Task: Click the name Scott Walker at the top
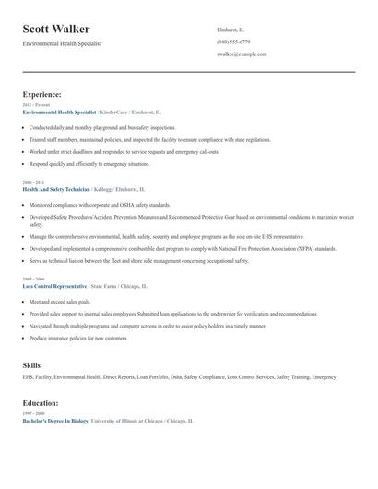click(63, 30)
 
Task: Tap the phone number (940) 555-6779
click(233, 42)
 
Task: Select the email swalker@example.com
click(242, 54)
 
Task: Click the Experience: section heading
click(42, 94)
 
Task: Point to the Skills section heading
click(31, 365)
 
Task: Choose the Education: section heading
click(41, 403)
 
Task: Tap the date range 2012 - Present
click(36, 105)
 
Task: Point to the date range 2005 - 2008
click(32, 279)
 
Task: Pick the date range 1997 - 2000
click(32, 413)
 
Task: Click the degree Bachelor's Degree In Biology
click(55, 421)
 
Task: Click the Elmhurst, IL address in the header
click(230, 29)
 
